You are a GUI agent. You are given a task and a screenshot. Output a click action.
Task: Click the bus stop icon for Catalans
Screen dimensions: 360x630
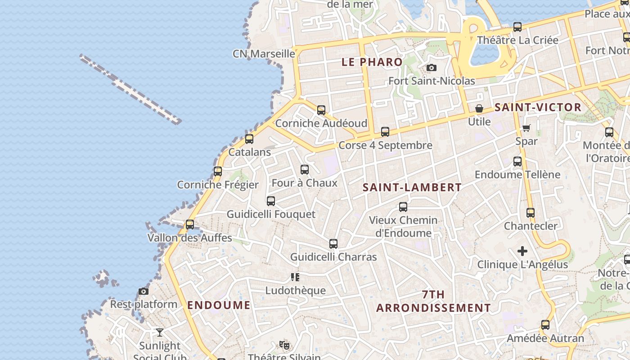coord(249,139)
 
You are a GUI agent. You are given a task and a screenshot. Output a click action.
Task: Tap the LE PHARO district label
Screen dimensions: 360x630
coord(372,62)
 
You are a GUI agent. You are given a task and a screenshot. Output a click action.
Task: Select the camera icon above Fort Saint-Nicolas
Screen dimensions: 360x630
coord(431,68)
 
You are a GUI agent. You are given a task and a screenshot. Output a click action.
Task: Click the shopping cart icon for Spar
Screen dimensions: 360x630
coord(526,128)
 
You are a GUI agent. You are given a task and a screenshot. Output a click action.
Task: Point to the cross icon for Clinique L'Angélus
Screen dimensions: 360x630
coord(522,251)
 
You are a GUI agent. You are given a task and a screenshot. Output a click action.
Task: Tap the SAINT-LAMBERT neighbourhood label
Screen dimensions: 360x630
coord(412,187)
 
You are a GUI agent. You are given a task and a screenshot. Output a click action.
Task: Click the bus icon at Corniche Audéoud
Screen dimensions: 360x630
coord(321,110)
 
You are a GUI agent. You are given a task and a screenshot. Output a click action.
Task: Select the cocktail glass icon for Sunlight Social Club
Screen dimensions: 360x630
coord(160,333)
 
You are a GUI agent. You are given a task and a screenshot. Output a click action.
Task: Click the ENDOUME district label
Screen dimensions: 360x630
coord(219,305)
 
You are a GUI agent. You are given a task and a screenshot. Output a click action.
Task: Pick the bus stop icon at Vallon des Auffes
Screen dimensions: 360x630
coord(190,224)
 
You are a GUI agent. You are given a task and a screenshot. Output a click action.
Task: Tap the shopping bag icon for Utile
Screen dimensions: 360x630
coord(479,108)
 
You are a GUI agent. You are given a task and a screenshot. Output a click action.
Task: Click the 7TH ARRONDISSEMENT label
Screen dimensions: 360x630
coord(433,301)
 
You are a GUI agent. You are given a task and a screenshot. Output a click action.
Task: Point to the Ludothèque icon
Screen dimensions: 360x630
coord(295,277)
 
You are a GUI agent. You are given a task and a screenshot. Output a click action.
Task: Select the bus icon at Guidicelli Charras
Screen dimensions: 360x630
coord(333,244)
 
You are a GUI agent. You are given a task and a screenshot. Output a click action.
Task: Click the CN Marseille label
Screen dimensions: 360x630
coord(264,54)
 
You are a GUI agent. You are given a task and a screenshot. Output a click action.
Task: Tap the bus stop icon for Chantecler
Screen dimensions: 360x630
coord(531,213)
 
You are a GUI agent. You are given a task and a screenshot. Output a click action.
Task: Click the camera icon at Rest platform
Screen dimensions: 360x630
coord(144,291)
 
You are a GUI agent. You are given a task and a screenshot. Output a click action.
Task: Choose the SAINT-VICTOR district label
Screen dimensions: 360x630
coord(538,107)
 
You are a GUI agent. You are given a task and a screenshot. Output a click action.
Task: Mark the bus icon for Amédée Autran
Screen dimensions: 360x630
coord(545,325)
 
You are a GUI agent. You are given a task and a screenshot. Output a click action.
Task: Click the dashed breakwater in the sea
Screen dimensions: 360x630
coord(130,89)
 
